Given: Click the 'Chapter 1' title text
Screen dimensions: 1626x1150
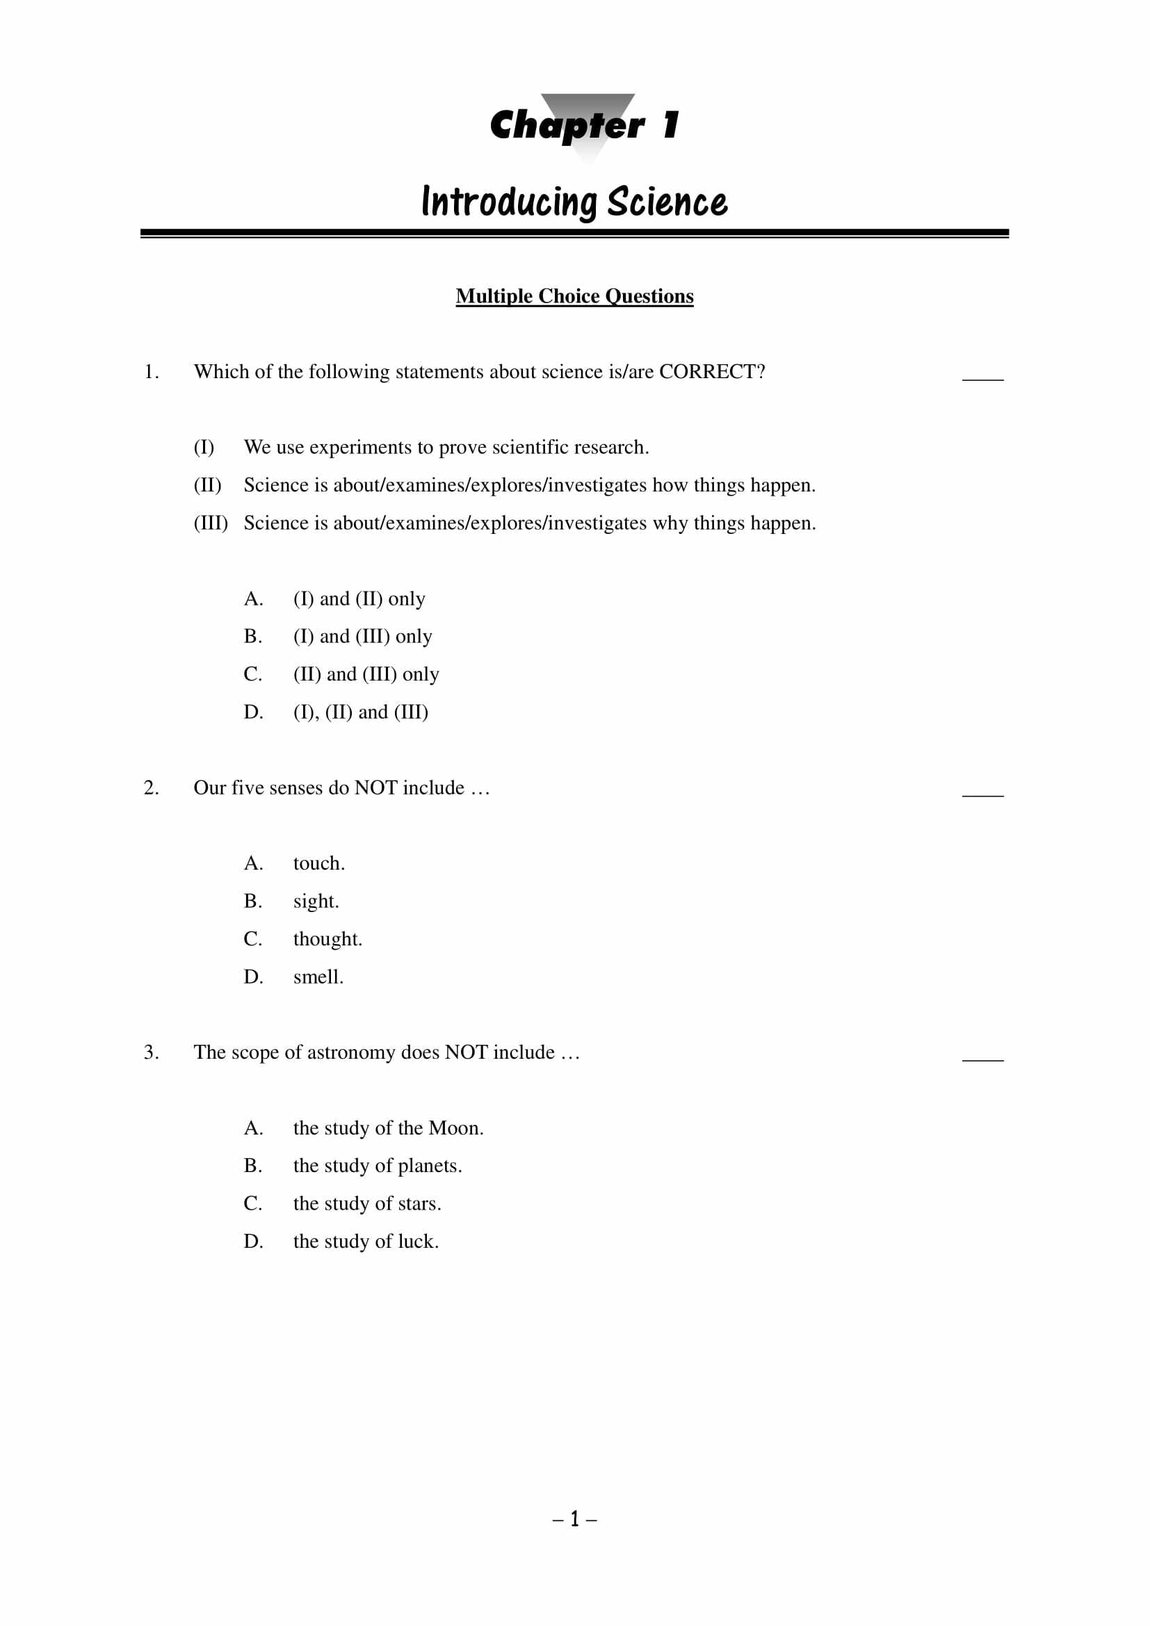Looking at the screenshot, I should [584, 125].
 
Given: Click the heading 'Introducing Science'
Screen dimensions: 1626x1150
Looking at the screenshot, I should [574, 202].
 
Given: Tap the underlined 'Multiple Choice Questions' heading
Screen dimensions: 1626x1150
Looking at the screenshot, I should [574, 296].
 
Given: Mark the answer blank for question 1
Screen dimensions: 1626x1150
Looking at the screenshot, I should [982, 375].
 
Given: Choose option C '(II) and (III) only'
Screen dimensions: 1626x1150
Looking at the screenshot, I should [366, 674].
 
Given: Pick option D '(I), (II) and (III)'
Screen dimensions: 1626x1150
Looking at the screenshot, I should [360, 712].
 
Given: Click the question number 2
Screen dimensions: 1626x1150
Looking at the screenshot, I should [151, 788].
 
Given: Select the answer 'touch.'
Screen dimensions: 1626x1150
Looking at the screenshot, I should [318, 863].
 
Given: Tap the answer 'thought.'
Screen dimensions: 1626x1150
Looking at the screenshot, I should [327, 939].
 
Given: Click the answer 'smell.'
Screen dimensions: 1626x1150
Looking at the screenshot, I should [318, 977].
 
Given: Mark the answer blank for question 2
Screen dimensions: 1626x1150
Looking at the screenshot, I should [982, 792].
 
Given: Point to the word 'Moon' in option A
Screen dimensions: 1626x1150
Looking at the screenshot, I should [454, 1128].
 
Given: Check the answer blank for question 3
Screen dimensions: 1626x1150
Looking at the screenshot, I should [982, 1056].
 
